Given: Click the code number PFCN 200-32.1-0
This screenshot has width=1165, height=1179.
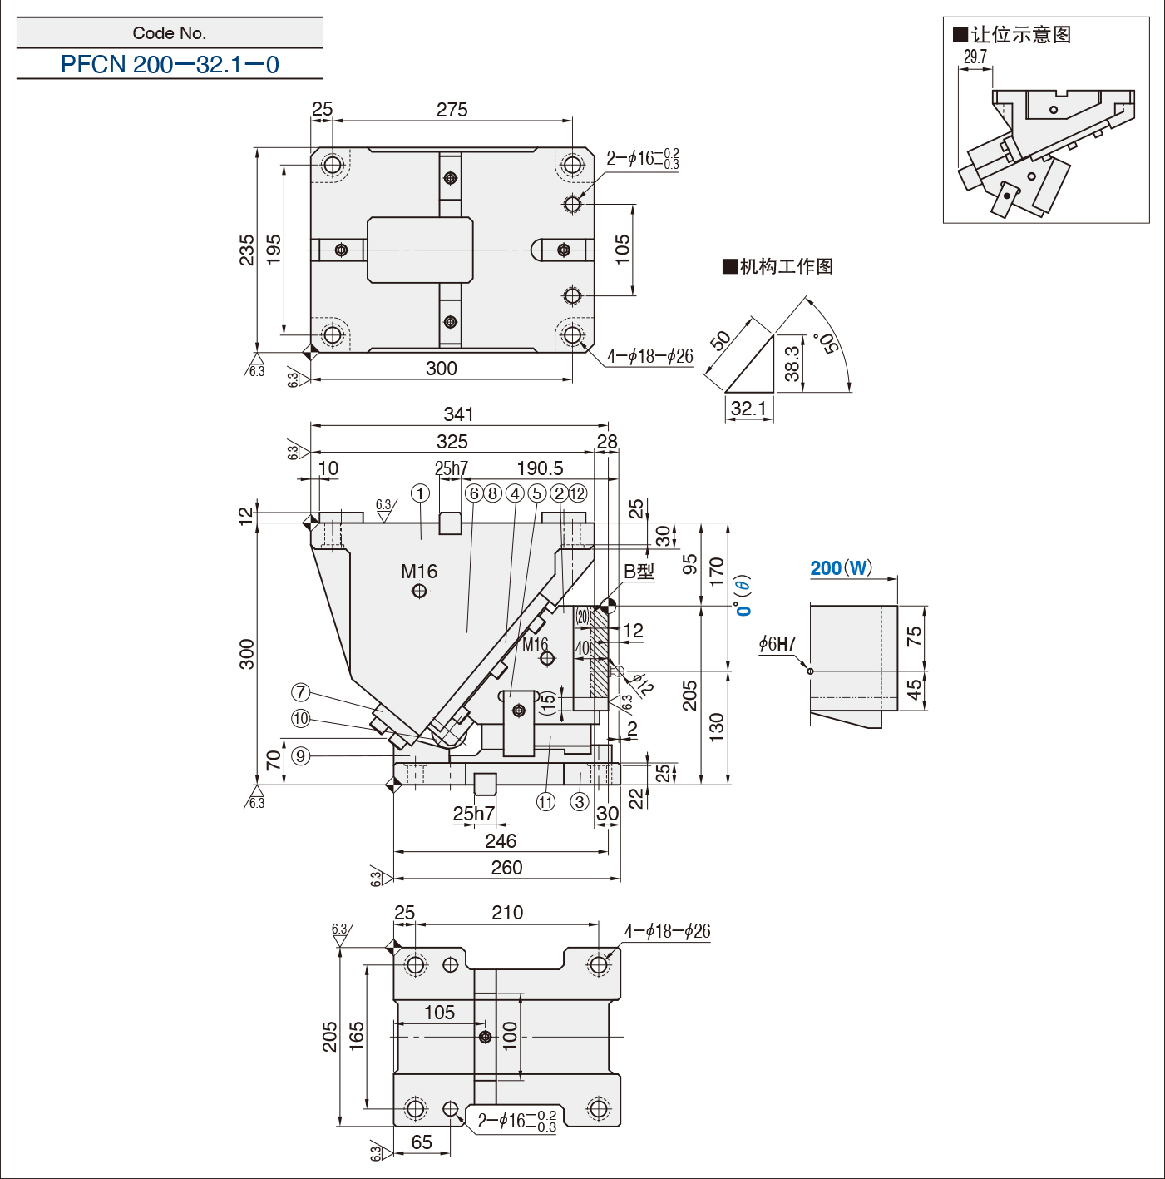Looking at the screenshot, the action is coord(170,64).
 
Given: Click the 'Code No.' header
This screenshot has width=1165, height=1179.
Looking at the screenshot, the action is coord(170,33).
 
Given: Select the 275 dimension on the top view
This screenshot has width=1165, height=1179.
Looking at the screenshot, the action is coord(452,110).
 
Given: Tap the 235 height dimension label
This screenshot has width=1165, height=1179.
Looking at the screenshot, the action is coord(246,249).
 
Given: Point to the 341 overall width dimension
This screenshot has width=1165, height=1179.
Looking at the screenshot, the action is coord(459,414).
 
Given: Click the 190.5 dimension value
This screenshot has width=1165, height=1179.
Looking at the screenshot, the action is coord(540,468).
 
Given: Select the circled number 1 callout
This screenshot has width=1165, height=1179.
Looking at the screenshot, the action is coord(420,493).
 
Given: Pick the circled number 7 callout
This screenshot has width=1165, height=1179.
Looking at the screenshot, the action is coord(300,692).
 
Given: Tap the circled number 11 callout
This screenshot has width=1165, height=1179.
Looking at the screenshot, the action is coord(545,801).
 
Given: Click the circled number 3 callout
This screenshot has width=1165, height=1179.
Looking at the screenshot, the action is coord(579,801).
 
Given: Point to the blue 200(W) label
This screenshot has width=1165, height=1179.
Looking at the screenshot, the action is coord(841,567).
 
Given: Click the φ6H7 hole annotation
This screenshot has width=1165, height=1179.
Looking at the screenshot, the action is coord(777,644).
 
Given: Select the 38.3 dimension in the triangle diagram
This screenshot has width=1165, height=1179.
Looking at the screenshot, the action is coord(792,364).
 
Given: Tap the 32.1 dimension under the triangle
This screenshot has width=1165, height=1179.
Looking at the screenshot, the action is coord(748,408).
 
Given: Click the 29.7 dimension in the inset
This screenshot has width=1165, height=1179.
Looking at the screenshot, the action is coord(975,57).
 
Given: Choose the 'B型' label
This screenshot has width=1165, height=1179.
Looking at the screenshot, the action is coord(639,571).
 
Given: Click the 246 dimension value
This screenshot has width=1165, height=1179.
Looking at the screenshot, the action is coord(501,840).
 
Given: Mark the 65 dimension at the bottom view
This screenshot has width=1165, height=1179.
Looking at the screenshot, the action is coord(422,1142).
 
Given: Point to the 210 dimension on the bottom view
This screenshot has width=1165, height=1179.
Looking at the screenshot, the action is coord(507,912).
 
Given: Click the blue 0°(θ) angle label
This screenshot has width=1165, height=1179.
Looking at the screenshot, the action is coord(743,595).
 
